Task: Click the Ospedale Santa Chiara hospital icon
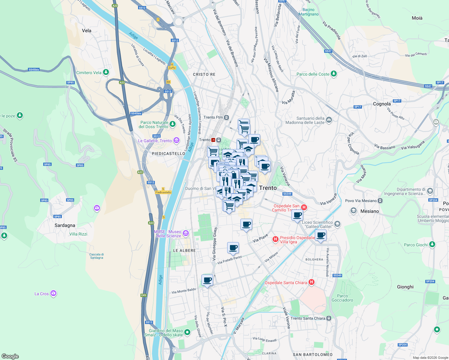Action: click(312, 282)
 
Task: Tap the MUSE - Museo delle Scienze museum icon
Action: click(186, 233)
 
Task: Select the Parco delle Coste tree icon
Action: click(334, 74)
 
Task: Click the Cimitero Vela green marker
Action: click(106, 72)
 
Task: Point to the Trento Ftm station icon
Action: click(227, 117)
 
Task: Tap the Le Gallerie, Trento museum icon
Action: click(176, 140)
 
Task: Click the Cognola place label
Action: click(382, 104)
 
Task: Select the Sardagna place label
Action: click(65, 225)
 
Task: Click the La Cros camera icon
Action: click(53, 293)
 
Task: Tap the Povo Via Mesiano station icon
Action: click(380, 201)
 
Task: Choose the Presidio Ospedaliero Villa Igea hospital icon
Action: click(275, 239)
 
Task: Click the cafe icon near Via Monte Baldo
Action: click(207, 280)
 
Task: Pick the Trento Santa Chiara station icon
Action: click(329, 318)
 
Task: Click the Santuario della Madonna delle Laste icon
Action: click(329, 120)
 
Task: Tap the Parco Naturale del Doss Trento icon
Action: click(172, 124)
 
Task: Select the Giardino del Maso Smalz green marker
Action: click(187, 332)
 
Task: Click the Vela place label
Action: click(86, 31)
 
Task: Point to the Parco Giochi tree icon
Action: click(432, 244)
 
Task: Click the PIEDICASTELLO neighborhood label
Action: click(168, 154)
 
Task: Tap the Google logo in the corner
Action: click(10, 356)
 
